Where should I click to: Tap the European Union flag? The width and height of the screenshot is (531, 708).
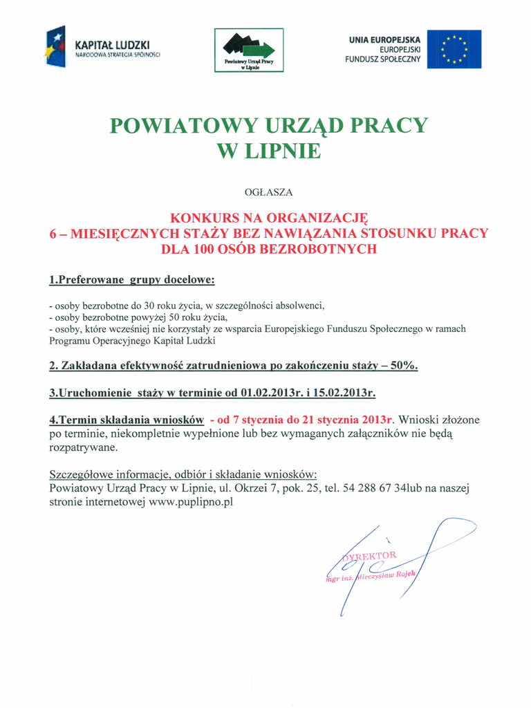(454, 49)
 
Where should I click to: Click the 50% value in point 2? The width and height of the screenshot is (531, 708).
(403, 366)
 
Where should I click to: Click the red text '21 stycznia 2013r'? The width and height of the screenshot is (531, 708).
(351, 420)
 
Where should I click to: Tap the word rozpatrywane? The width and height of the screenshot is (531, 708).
(84, 447)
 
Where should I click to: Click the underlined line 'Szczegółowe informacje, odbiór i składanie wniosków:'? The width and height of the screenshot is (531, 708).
(183, 475)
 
